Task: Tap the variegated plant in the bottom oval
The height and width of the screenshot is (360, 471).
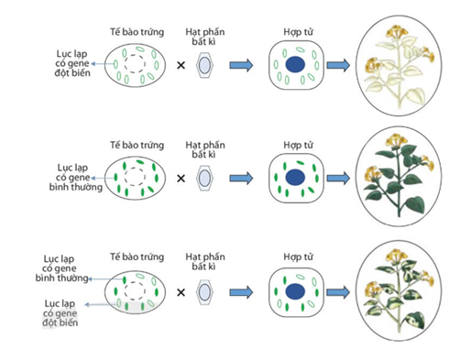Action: [399, 291]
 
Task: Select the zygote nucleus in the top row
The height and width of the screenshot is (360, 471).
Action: [295, 65]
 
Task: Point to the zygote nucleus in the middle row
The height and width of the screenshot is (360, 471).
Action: [295, 178]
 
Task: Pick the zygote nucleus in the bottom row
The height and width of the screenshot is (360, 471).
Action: [295, 291]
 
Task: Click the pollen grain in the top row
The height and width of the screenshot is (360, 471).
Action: [204, 65]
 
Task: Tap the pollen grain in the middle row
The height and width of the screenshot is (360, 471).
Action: [204, 178]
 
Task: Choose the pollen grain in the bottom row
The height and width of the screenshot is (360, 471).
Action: [204, 292]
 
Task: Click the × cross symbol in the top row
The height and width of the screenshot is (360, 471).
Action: [181, 65]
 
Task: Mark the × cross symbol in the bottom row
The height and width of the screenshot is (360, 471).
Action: [181, 292]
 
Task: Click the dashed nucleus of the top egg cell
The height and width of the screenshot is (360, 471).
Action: [135, 64]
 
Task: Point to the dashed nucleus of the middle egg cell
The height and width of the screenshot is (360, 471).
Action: [135, 177]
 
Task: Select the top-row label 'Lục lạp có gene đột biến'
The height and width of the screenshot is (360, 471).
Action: [72, 63]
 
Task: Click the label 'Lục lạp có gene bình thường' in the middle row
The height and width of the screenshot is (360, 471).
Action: [76, 177]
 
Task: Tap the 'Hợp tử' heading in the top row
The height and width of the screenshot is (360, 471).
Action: [298, 32]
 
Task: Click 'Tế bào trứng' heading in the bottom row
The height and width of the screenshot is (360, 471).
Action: [137, 256]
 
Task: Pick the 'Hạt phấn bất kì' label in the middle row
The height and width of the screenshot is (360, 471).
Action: [205, 149]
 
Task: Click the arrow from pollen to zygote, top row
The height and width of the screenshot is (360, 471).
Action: [241, 65]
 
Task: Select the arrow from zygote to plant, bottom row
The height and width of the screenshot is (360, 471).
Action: [338, 292]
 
